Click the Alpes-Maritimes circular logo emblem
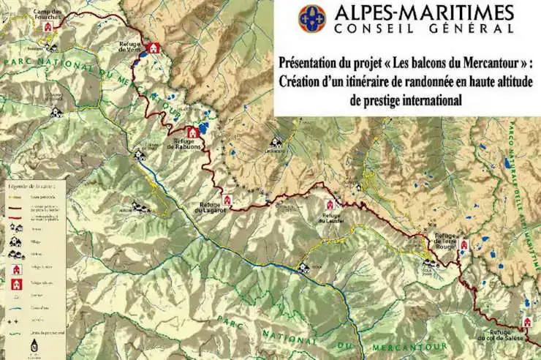312,18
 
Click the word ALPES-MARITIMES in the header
424,12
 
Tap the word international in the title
423,100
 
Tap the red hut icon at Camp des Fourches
48,26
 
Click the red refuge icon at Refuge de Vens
153,48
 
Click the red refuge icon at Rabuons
192,132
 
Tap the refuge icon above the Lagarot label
227,199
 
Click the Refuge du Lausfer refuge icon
329,204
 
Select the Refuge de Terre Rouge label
446,241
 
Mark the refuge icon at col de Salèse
526,323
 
